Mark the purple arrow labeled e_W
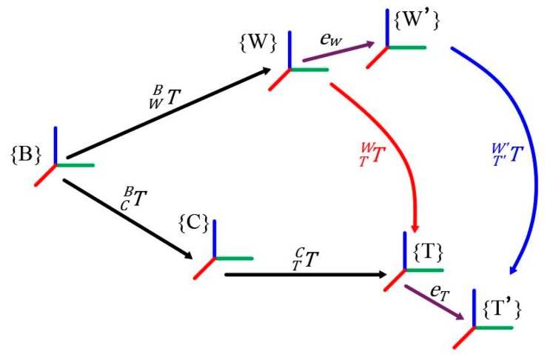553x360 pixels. click(x=338, y=52)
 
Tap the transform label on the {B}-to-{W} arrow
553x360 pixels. click(x=163, y=93)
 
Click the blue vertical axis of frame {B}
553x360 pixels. click(x=56, y=145)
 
